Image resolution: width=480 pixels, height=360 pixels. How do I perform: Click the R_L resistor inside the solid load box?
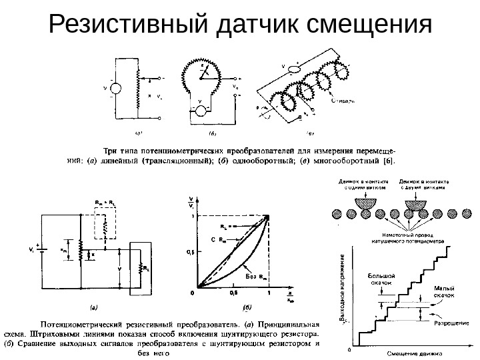coord(141,268)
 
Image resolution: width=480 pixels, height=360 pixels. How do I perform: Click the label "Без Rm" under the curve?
coord(255,275)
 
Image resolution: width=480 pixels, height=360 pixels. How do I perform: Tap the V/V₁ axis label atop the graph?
coord(192,203)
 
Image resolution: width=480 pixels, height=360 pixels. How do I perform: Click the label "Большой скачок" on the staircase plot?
coord(383,278)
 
